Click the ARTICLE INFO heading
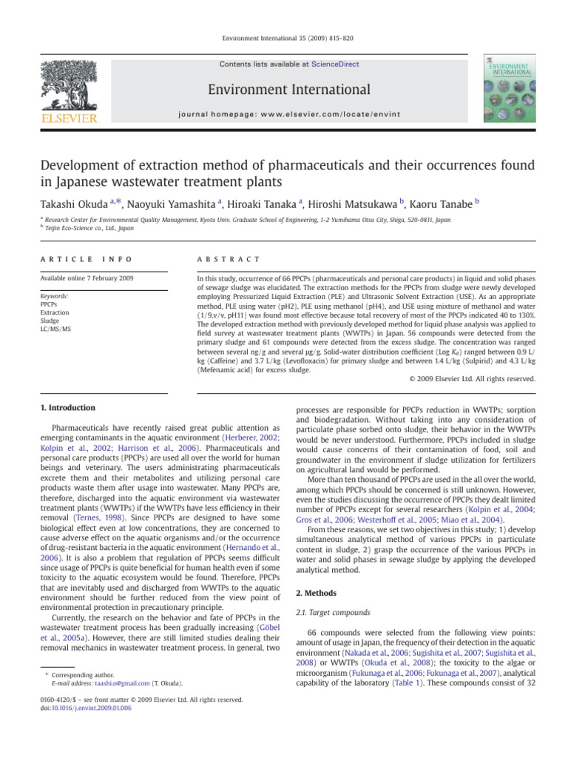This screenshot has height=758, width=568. click(77, 259)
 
